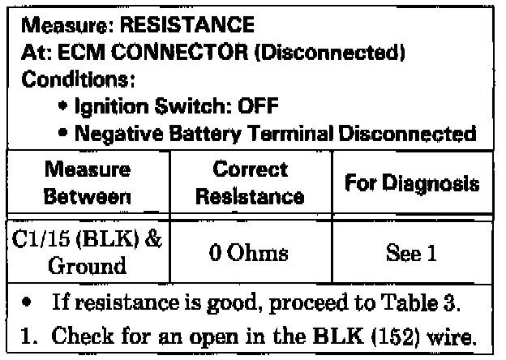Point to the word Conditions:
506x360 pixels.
click(x=71, y=82)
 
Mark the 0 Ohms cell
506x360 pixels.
click(x=251, y=252)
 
